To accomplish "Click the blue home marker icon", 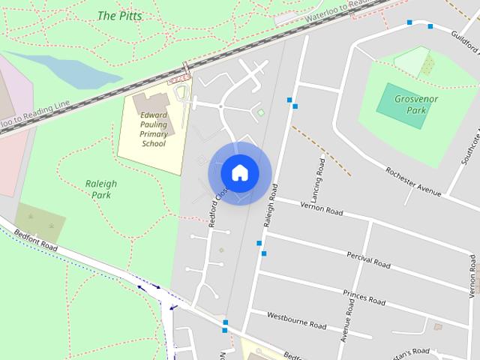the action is (x=239, y=172).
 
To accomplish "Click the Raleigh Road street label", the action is (x=271, y=205).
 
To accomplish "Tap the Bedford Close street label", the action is (x=219, y=206).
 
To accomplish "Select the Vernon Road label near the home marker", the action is (x=320, y=208).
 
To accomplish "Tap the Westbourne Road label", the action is (x=296, y=320).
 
